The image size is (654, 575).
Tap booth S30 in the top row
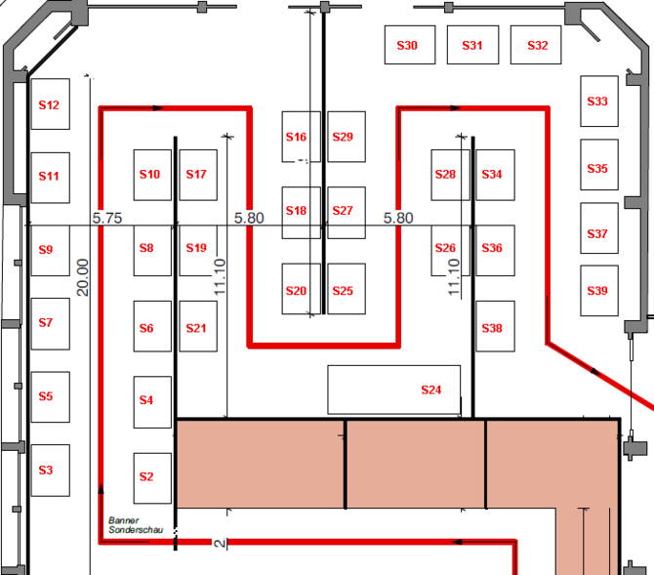[407, 45]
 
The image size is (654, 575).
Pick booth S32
[537, 45]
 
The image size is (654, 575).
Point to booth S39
[598, 291]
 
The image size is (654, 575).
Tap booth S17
[198, 174]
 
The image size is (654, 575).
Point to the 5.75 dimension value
[107, 218]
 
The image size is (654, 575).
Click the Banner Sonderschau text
[125, 525]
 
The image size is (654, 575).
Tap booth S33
[598, 101]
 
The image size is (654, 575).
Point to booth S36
[494, 248]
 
